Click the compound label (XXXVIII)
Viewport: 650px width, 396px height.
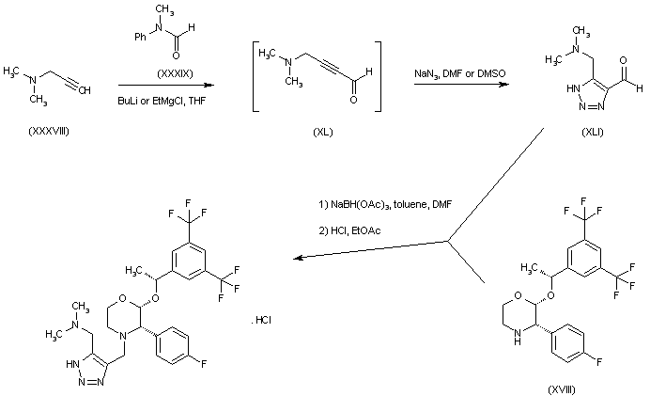[x=48, y=131]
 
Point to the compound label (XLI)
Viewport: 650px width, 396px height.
[x=593, y=132]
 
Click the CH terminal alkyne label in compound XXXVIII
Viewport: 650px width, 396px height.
[x=83, y=90]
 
